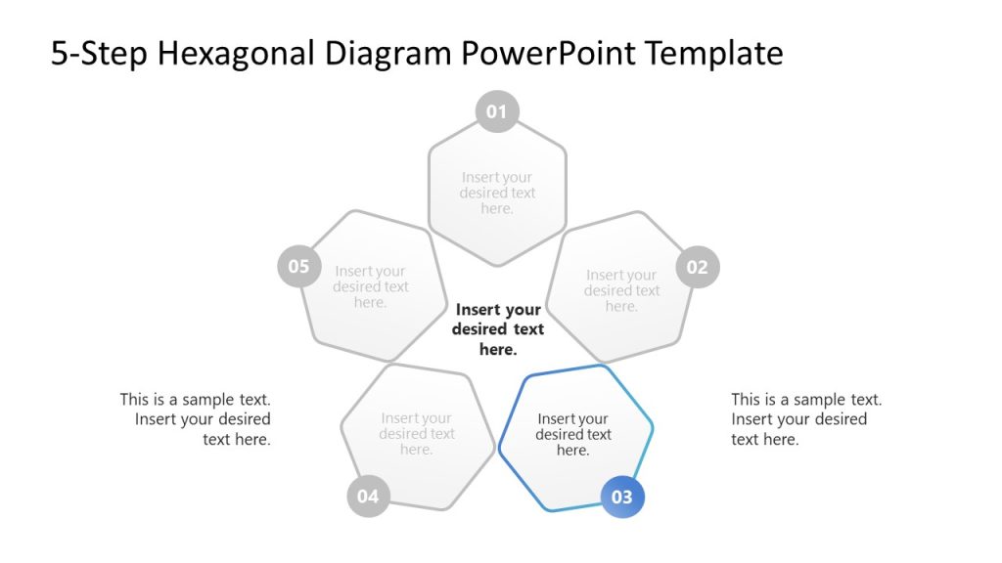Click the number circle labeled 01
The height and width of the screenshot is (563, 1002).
pos(497,111)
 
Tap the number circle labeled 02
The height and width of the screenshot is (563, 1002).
pos(697,267)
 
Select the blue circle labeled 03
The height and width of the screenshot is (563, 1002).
pos(622,497)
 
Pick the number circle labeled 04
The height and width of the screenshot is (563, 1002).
pos(368,497)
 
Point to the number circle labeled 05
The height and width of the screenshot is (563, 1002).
pos(298,267)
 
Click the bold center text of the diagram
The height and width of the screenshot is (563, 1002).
pos(498,329)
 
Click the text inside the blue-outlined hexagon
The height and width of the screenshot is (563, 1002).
pos(573,434)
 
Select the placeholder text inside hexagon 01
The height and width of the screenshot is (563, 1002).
pos(497,193)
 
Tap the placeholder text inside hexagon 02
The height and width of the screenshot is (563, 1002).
pos(621,290)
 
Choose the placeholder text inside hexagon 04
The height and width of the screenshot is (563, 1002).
pos(417,434)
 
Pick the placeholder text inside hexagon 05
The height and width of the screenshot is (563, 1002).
pos(370,286)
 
